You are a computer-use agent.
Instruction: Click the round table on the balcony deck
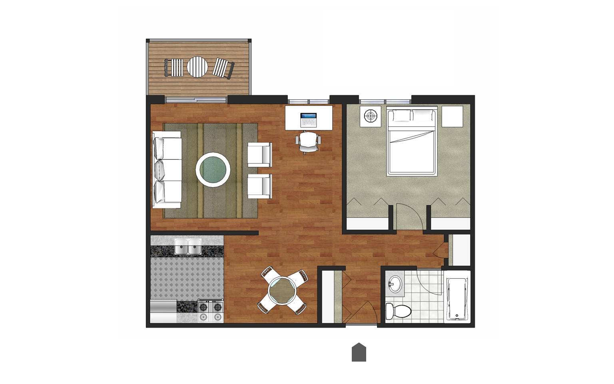click(x=197, y=67)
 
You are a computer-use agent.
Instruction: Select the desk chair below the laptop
click(x=308, y=142)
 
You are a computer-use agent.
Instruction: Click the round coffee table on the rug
click(x=213, y=169)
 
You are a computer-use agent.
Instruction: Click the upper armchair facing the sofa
click(x=259, y=154)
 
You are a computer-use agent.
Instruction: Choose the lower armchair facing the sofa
click(x=259, y=186)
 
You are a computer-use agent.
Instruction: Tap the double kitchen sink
click(x=188, y=246)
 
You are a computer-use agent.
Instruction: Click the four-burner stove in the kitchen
click(x=211, y=311)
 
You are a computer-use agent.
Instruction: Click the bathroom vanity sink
click(x=395, y=284)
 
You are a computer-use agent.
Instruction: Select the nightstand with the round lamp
click(x=371, y=116)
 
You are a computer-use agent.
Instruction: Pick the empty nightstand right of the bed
click(x=452, y=116)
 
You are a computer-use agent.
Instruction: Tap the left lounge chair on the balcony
click(x=173, y=67)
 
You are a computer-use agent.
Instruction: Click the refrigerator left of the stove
click(x=163, y=312)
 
